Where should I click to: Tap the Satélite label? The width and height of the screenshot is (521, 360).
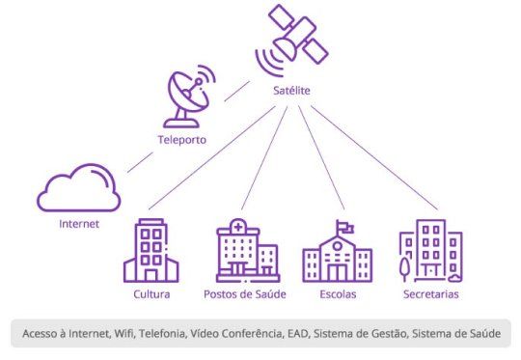[291, 91]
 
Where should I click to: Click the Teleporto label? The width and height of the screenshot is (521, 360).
[181, 140]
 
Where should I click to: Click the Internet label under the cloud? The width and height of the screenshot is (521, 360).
[79, 224]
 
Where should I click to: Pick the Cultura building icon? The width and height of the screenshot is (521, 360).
[151, 250]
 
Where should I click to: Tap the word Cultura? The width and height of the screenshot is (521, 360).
[151, 294]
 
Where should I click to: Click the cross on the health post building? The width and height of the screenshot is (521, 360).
[238, 228]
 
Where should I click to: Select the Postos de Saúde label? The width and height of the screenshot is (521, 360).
[245, 294]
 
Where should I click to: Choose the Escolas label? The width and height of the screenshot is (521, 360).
[338, 294]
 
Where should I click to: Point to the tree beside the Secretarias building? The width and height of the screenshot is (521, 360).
[404, 269]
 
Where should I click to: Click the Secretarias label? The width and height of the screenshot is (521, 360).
[431, 294]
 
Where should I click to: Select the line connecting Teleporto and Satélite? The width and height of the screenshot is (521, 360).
[237, 91]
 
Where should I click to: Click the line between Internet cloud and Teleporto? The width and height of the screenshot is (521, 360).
[140, 162]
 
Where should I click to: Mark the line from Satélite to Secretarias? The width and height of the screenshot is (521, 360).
[374, 158]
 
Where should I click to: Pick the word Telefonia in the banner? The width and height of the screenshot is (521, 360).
[162, 333]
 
